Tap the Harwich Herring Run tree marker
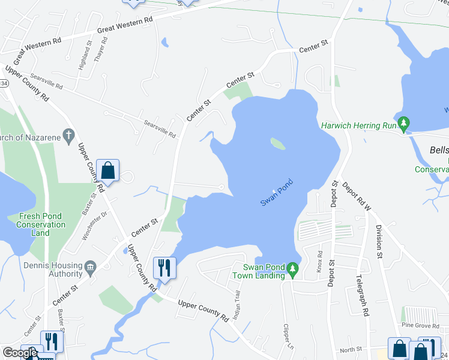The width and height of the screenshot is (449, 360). tap(404, 125)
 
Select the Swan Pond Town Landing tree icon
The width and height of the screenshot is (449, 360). tap(293, 269)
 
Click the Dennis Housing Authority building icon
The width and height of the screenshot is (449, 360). tap(91, 266)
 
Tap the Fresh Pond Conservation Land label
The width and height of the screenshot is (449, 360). tap(42, 224)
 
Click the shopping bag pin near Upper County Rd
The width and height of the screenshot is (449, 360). tap(107, 170)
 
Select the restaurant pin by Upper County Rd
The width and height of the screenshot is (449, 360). tap(164, 268)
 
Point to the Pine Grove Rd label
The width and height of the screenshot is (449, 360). tap(421, 325)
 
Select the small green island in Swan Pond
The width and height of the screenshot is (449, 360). tap(277, 143)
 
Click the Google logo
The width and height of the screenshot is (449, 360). tap(19, 353)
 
